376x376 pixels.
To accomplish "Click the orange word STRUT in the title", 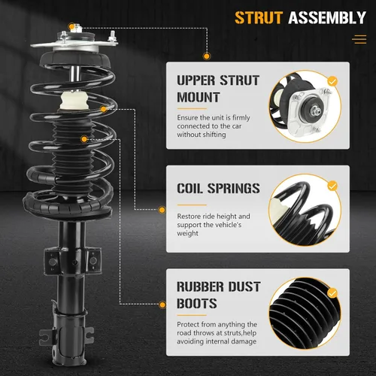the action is (x=259, y=17).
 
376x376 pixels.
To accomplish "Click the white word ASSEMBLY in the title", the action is (x=327, y=17).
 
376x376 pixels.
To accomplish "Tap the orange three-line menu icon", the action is (x=359, y=39).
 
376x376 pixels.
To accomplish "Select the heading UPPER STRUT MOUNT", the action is (x=218, y=89).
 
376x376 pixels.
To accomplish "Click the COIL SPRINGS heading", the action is (x=218, y=188).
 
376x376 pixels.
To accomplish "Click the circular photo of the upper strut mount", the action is (x=305, y=107).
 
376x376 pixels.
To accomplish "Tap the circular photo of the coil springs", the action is (x=305, y=210).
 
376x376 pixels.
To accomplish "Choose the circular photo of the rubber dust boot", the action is (x=305, y=314).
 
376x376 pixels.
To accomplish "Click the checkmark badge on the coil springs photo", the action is (x=332, y=186).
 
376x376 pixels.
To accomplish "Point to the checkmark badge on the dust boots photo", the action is (x=332, y=293).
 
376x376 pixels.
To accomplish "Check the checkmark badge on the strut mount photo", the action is (x=332, y=81).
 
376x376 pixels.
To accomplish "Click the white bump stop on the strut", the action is (x=74, y=100).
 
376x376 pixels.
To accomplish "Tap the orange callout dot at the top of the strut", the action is (x=71, y=26).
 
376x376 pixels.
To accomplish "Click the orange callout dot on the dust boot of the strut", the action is (x=84, y=139).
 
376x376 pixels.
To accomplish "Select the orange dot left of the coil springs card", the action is (x=162, y=210).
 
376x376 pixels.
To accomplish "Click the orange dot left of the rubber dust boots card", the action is (x=162, y=305).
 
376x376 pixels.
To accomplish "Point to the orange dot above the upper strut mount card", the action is (x=207, y=56).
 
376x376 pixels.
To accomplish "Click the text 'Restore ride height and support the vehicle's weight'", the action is (x=214, y=225).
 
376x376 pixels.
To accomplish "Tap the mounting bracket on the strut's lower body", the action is (x=73, y=261).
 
